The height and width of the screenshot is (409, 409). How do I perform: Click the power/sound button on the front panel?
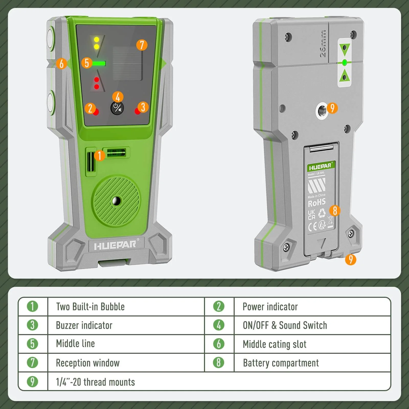[x=117, y=108]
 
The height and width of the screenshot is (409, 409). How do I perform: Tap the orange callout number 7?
[x=142, y=45]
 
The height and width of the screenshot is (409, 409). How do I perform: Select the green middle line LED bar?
[x=99, y=63]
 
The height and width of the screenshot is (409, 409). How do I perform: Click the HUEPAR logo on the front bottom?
[x=115, y=246]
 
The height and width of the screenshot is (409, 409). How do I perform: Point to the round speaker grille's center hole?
[x=117, y=201]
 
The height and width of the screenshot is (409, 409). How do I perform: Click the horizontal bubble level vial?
[x=116, y=153]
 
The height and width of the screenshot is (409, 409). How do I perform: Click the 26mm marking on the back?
[x=323, y=44]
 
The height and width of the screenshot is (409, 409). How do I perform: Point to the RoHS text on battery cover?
[x=316, y=203]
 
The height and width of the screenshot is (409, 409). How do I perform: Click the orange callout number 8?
[x=335, y=211]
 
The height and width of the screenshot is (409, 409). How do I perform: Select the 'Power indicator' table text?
[x=270, y=307]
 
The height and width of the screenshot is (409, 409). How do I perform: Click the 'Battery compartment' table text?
[x=281, y=363]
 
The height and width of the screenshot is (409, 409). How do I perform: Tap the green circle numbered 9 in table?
[x=32, y=382]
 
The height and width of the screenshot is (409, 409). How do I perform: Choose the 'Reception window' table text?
[x=88, y=363]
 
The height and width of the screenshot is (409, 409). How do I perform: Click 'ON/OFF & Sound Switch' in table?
[x=285, y=325]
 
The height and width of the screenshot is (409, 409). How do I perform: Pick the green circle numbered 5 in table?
[x=32, y=344]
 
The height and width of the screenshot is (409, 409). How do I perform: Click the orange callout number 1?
[x=100, y=155]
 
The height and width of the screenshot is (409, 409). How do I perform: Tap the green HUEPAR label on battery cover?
[x=321, y=167]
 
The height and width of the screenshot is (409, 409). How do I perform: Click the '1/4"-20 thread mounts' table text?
[x=95, y=382]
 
